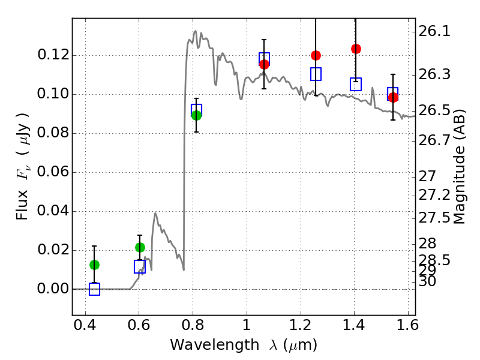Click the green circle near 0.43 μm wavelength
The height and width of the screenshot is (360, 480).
point(94,265)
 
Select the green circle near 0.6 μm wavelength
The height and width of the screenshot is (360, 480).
point(140,247)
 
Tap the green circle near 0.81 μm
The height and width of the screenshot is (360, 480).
point(197,115)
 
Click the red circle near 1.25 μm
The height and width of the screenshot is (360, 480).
point(316,55)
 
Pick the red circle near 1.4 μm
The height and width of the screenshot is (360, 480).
point(356,49)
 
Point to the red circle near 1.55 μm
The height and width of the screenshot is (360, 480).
point(394,97)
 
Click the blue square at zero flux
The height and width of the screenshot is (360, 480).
point(94,289)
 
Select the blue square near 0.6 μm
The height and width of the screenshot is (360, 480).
point(140,266)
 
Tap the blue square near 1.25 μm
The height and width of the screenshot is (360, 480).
point(316,74)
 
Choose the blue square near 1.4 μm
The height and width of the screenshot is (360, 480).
point(356,84)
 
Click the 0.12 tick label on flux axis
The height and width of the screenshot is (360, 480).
point(53,55)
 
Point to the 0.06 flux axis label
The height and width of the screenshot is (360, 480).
point(53,172)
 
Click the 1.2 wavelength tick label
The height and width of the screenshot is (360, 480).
point(301,325)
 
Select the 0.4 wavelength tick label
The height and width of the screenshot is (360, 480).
point(85,325)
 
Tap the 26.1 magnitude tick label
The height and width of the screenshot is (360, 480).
point(434,31)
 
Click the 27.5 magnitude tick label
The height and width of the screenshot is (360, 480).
point(434,218)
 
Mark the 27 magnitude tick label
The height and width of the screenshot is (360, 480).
point(427,176)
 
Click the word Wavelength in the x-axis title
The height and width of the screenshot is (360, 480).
point(215,345)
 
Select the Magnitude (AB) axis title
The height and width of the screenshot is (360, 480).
point(459,167)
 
